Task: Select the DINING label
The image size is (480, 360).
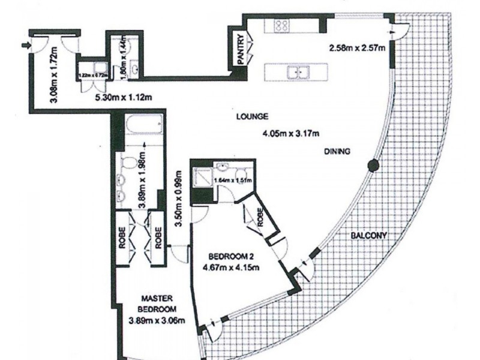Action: tap(337, 151)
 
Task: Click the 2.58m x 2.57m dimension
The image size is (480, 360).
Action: tap(356, 47)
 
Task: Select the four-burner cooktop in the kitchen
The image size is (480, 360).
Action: tap(280, 25)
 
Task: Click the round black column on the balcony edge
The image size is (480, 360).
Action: tap(373, 164)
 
